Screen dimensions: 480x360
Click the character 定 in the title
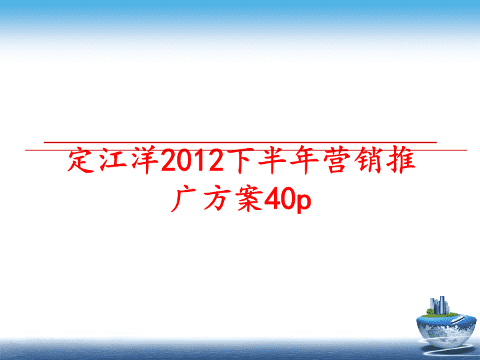81,161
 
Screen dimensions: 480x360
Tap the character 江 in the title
113,161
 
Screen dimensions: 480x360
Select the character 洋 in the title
146,161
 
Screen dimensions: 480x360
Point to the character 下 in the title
240,161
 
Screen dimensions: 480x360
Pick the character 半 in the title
272,161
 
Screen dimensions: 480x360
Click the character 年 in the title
304,161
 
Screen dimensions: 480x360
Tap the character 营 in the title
337,161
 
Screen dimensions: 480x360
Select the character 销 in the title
369,161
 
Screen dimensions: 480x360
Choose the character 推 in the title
401,161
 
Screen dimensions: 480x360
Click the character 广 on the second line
184,199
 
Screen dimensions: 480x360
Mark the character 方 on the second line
217,199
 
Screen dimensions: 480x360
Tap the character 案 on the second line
249,199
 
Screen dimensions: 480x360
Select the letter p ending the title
303,203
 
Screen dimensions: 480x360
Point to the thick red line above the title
240,143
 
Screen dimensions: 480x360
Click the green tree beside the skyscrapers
430,311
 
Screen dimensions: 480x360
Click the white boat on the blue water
458,319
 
